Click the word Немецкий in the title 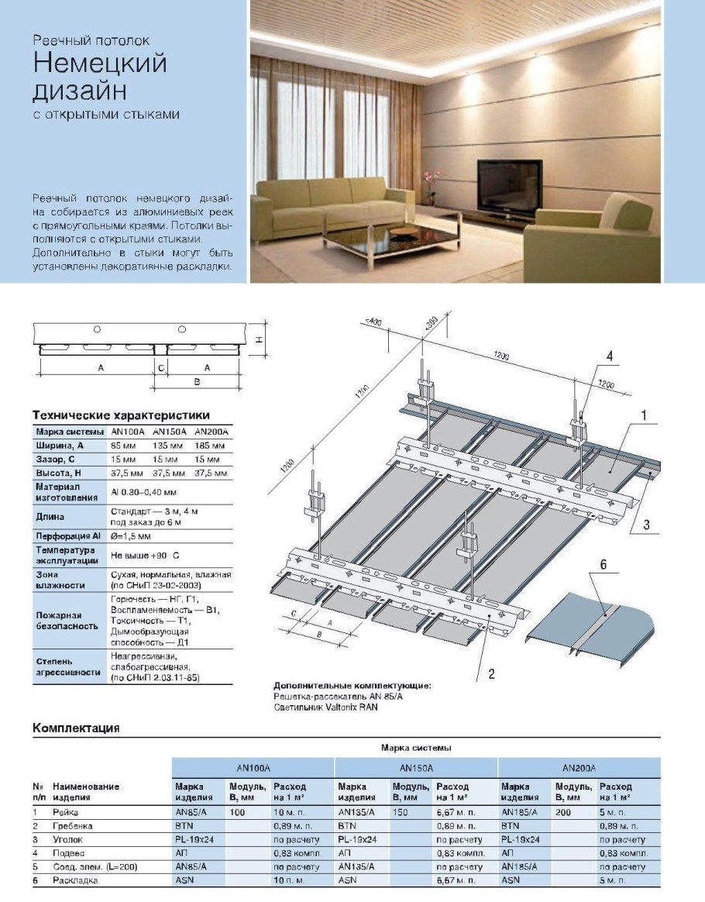click(x=100, y=62)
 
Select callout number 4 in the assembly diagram click(x=609, y=356)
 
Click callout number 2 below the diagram click(x=490, y=673)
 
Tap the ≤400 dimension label click(x=374, y=320)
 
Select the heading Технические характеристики click(x=121, y=415)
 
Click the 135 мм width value click(x=168, y=446)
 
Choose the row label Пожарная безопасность click(x=66, y=618)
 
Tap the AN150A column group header click(x=416, y=767)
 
